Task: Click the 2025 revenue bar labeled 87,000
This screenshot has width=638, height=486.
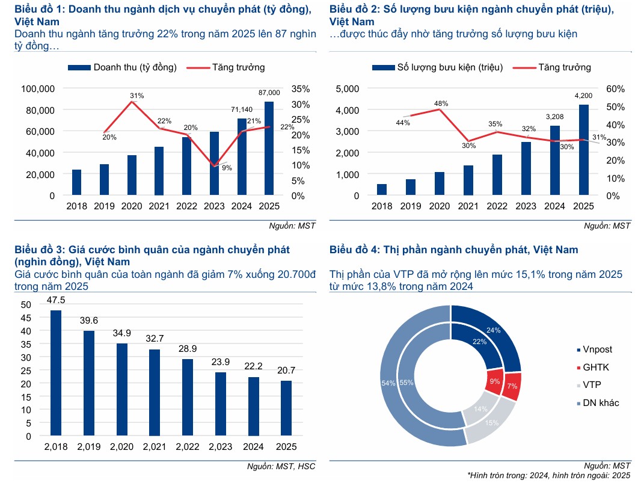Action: pyautogui.click(x=269, y=148)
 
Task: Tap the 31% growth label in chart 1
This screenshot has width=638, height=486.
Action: pyautogui.click(x=136, y=95)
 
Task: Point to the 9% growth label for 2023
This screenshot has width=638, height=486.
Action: pyautogui.click(x=227, y=168)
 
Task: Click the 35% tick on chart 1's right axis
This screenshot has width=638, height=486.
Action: pyautogui.click(x=301, y=89)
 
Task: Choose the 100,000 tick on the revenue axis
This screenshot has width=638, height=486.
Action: pyautogui.click(x=37, y=89)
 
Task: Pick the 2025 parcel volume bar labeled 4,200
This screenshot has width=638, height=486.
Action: pyautogui.click(x=583, y=150)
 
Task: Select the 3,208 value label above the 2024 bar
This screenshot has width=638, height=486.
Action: pyautogui.click(x=554, y=117)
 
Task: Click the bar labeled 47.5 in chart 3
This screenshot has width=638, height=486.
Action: pyautogui.click(x=56, y=372)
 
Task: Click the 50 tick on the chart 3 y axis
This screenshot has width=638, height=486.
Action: pyautogui.click(x=25, y=304)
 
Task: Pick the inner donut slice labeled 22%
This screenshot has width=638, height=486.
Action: pyautogui.click(x=479, y=342)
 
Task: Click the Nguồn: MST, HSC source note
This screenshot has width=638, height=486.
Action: pyautogui.click(x=281, y=466)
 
